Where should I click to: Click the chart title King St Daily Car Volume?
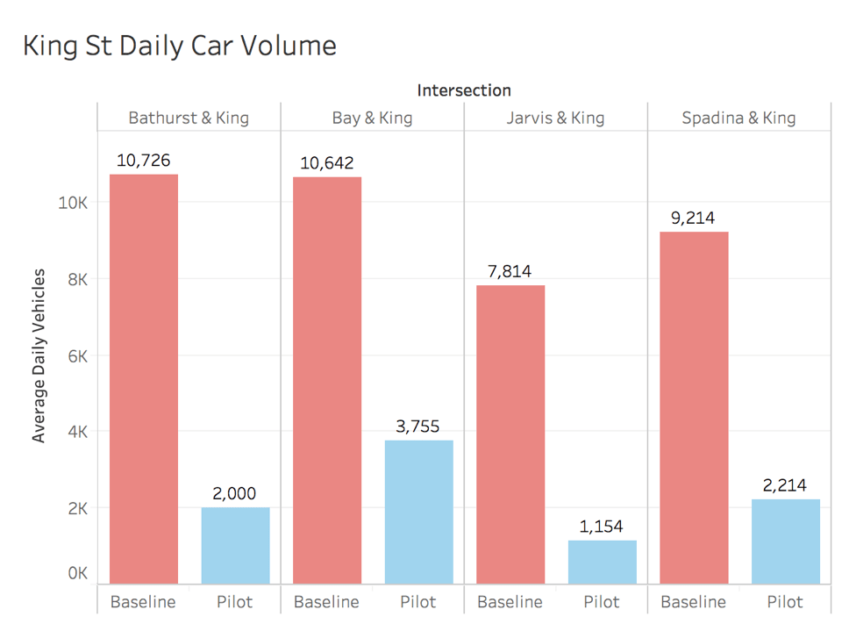180,46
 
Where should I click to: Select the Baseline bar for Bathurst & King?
144,378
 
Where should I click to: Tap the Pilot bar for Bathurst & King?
235,545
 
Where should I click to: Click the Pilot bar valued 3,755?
418,512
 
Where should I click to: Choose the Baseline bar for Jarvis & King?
510,434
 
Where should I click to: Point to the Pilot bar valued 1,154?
602,562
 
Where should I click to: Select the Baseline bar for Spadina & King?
694,407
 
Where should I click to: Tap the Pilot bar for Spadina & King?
785,541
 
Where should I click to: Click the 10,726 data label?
143,161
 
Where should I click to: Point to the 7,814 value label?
510,271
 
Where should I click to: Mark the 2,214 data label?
785,485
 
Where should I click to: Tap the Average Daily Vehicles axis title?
39,355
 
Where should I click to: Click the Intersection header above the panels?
464,90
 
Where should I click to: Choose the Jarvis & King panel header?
555,118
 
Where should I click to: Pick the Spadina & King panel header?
738,118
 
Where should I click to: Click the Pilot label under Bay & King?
418,602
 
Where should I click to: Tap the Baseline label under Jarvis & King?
510,602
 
